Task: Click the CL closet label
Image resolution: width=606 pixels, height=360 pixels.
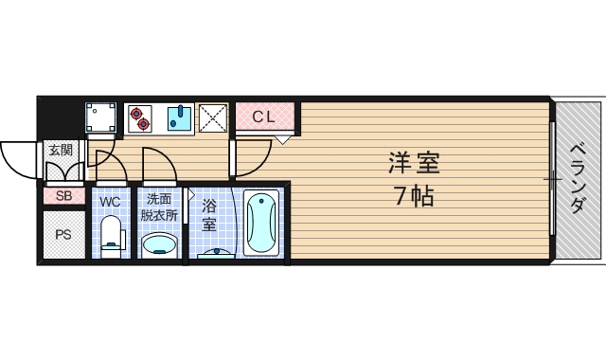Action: (263, 117)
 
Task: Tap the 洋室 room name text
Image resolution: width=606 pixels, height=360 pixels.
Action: (414, 164)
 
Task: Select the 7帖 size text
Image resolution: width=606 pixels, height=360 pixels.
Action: (414, 197)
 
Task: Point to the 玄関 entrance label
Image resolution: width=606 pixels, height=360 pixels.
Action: (61, 150)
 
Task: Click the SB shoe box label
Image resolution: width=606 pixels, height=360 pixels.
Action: (63, 196)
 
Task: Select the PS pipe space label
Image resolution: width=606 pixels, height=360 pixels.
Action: (63, 234)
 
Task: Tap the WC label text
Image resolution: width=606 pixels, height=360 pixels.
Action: (111, 201)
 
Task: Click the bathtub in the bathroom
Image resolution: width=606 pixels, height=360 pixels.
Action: (260, 223)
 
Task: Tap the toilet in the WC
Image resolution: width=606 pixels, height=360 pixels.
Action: (112, 235)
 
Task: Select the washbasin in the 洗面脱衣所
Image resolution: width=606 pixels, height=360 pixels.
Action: (158, 244)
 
